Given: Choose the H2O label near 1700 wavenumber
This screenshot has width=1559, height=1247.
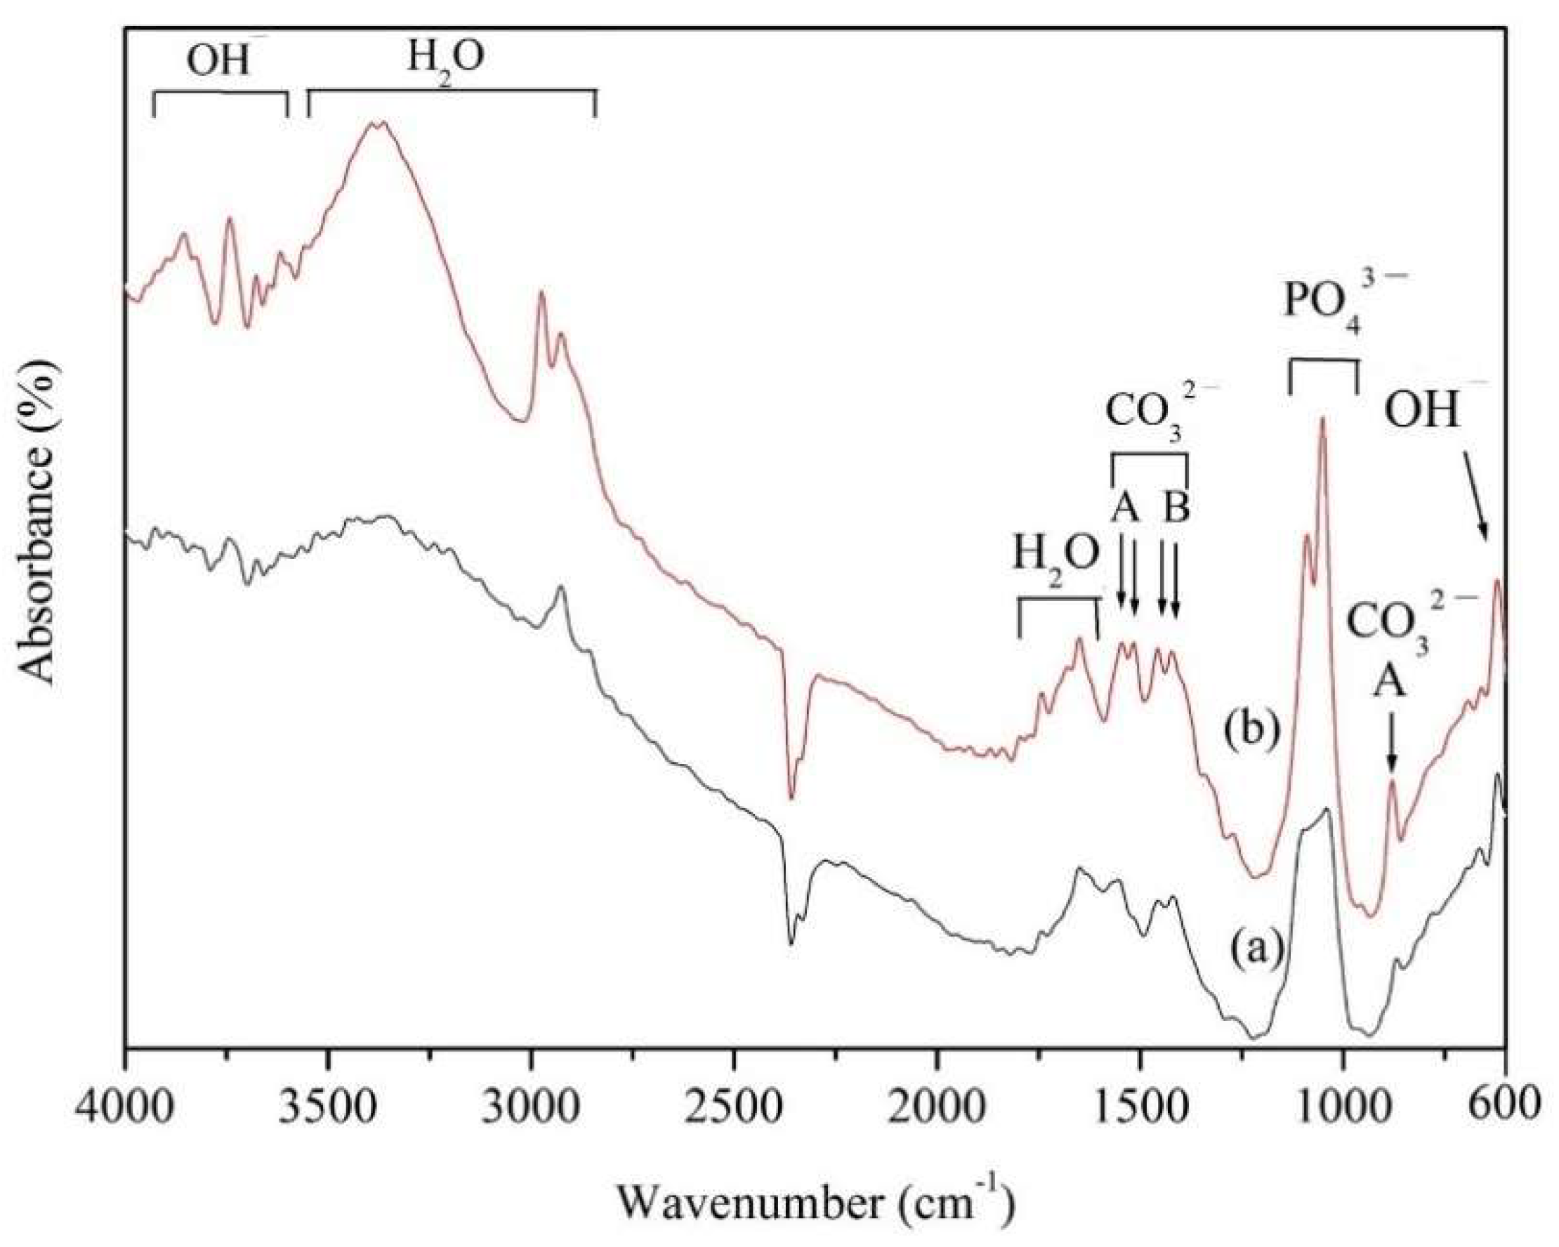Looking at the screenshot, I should [x=1056, y=559].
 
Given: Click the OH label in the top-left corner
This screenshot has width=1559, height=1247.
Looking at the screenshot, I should [x=220, y=62].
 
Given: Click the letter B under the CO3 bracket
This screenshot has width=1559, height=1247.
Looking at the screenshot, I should [x=1176, y=508].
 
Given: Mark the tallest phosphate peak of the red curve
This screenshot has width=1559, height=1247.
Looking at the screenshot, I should [x=1323, y=419].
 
